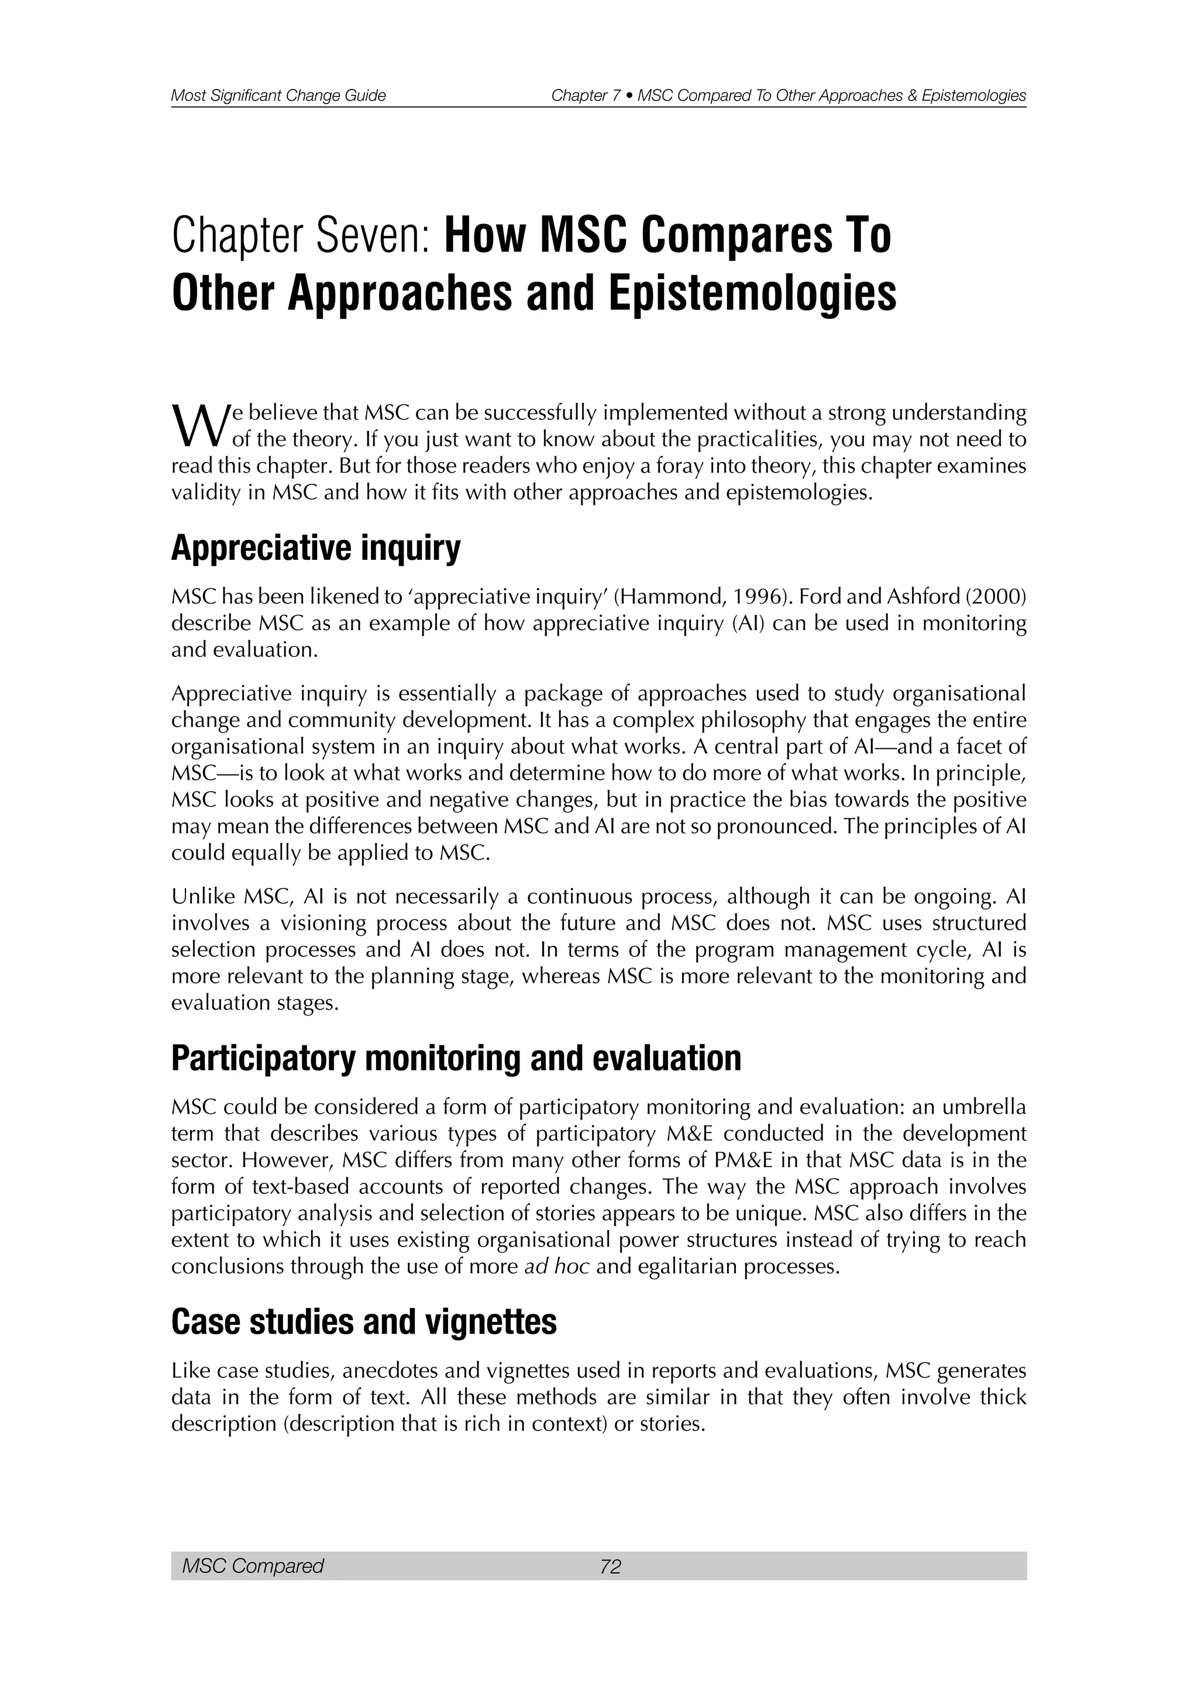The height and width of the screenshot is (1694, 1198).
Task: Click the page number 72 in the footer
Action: point(611,1566)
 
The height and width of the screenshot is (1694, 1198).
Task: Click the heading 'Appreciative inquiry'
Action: point(316,549)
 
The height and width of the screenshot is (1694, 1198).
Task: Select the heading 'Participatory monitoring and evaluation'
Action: point(456,1058)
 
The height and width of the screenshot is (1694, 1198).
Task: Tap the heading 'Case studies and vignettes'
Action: point(364,1321)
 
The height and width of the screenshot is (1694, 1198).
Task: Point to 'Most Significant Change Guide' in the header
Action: point(278,96)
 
